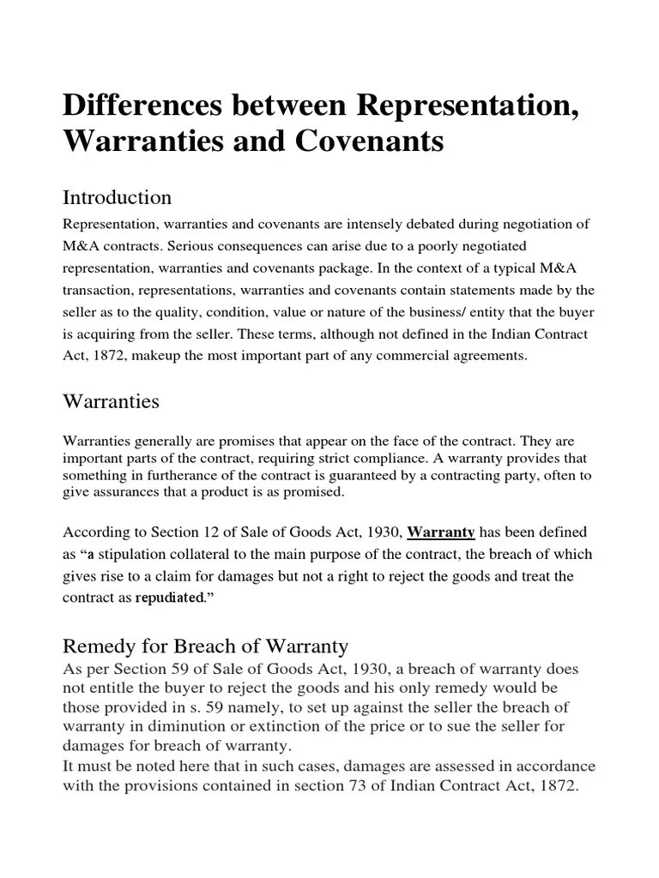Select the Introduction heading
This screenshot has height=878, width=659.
118,197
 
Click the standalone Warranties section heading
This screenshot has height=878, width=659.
111,400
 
